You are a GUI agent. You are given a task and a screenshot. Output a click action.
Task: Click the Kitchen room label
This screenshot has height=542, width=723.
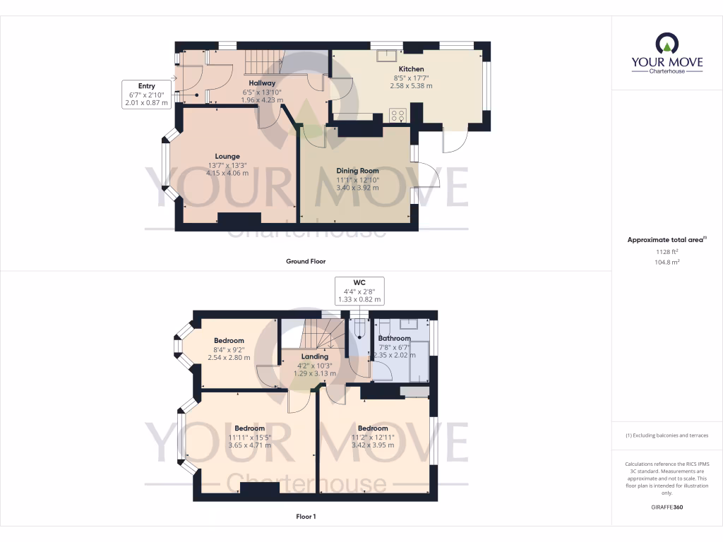411,69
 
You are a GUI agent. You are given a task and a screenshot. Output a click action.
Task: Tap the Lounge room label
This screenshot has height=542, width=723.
227,156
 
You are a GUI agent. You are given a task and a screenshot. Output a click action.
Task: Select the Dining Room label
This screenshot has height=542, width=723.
357,171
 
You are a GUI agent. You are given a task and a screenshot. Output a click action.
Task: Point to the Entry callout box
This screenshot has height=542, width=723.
146,95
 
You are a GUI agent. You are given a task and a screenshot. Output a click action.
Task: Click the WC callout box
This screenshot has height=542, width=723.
359,291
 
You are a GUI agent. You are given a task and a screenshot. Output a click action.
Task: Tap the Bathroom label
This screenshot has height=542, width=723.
394,338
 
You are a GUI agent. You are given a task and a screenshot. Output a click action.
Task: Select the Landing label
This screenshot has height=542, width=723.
314,356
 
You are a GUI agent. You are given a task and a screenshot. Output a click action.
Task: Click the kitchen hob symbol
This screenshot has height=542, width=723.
398,115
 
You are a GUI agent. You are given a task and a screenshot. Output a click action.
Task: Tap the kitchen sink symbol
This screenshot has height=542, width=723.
387,56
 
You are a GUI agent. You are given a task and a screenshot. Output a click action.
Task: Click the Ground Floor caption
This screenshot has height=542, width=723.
305,261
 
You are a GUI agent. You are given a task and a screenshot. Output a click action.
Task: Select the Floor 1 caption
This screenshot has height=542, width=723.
305,517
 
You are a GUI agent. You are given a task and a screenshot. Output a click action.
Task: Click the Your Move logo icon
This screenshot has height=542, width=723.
667,44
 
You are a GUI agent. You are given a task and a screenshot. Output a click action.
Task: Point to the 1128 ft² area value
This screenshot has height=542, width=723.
667,251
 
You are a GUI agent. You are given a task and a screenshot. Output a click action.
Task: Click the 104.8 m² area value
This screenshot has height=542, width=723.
667,262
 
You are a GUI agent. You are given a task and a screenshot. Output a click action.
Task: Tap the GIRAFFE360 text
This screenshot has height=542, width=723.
667,507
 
